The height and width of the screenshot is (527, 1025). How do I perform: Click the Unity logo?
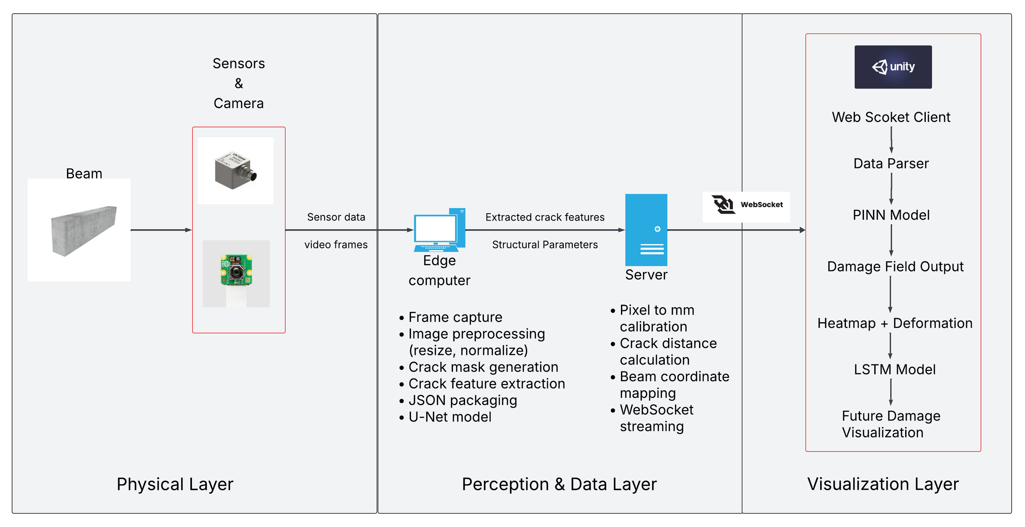coord(893,67)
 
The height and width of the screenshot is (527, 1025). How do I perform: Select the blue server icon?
coord(646,230)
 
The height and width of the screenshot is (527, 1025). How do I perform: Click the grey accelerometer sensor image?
coord(235,170)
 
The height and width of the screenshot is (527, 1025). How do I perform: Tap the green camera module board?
coord(236,271)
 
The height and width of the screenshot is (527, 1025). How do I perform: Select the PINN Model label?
coord(891,215)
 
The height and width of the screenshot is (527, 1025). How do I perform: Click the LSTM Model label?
coord(894,370)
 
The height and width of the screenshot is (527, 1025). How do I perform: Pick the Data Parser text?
coord(891,164)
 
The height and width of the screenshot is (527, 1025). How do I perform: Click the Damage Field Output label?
coord(895,267)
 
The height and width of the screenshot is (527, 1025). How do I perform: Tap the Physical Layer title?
coord(175,484)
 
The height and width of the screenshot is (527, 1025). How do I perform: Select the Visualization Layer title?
coord(882,484)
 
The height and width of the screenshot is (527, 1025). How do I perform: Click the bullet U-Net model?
coord(450,417)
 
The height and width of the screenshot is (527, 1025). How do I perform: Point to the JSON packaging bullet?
coord(462,400)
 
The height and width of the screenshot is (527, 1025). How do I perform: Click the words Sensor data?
coord(336,217)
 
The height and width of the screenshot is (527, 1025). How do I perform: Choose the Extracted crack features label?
coord(544,217)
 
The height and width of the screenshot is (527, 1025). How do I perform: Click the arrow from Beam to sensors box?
coord(161,230)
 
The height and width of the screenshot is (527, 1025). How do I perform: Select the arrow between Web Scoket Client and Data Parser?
coord(891,140)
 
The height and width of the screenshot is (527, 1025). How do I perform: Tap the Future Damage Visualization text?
coord(891,424)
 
